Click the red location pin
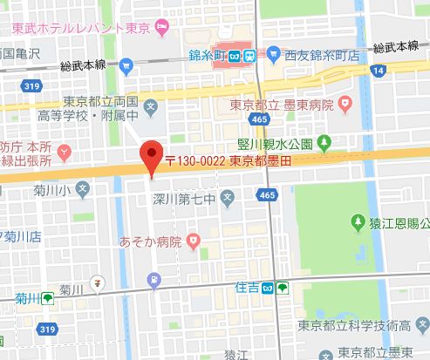pos(152,158)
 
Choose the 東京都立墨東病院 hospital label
pos(284,106)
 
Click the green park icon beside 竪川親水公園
pos(324,141)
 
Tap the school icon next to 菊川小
pos(82,187)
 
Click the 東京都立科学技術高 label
pos(353,325)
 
